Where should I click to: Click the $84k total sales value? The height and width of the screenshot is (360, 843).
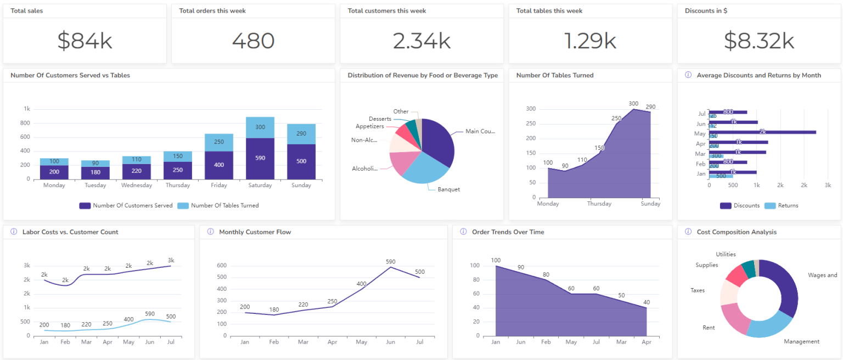(85, 41)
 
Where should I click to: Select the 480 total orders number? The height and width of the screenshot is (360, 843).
(253, 41)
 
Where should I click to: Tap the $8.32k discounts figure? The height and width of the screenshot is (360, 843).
(759, 41)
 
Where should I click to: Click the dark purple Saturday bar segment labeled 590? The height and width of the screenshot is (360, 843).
(260, 159)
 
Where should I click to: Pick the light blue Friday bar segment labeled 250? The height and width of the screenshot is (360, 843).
(219, 142)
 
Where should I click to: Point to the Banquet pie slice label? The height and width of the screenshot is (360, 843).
(448, 189)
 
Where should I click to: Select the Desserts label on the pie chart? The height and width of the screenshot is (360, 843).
(380, 119)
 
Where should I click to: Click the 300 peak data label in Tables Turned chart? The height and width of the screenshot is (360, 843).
(633, 104)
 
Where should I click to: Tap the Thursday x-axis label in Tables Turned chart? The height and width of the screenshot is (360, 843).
(599, 204)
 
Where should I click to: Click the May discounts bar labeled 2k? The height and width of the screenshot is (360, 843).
(762, 132)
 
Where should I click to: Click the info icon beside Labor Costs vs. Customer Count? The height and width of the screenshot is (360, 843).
(14, 232)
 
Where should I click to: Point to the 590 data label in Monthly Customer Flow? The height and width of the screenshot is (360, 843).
(390, 262)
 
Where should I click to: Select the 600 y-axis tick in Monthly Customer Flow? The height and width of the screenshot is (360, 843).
(222, 266)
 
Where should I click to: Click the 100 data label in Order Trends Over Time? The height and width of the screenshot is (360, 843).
(496, 260)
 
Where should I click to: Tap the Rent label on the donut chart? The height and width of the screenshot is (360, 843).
(709, 328)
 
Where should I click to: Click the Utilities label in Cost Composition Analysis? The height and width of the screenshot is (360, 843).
(726, 254)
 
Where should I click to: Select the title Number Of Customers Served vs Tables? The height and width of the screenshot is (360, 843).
(70, 75)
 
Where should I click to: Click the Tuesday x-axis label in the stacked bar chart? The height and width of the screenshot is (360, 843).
(95, 185)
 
